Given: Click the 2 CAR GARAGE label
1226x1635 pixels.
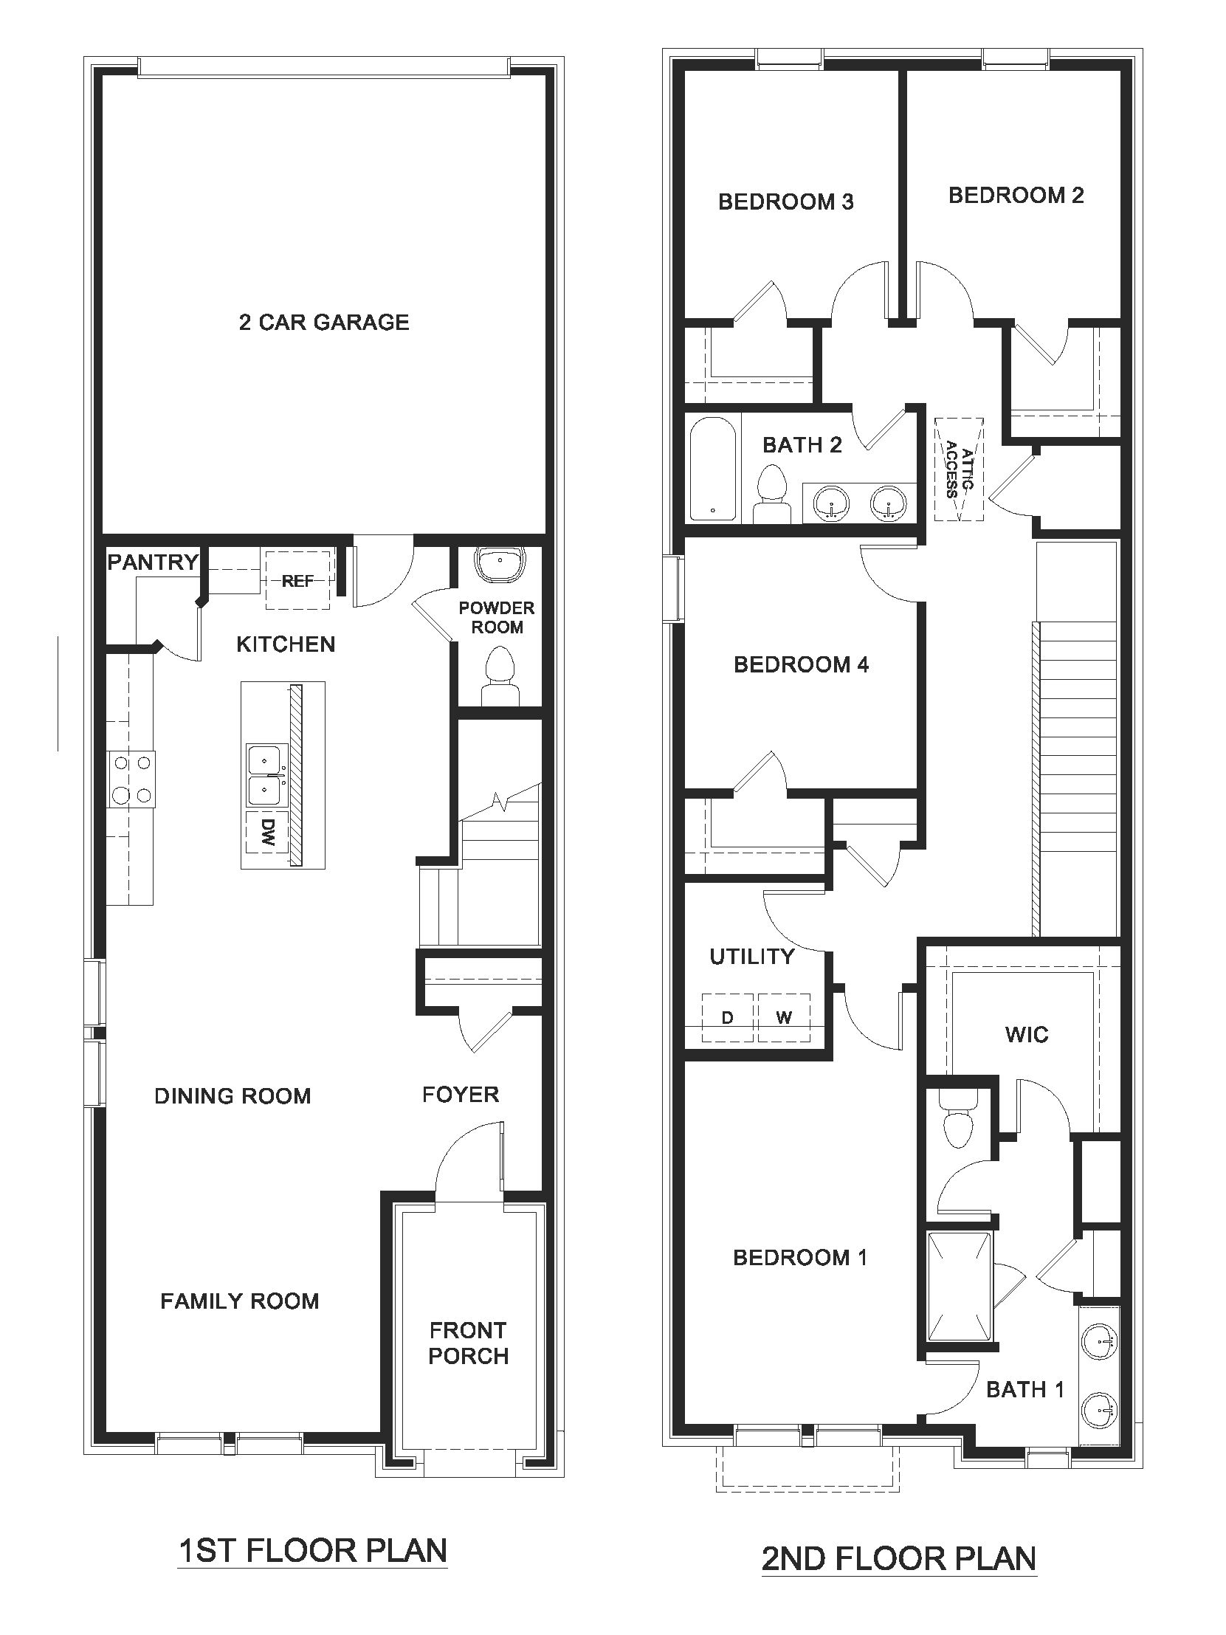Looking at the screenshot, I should [324, 323].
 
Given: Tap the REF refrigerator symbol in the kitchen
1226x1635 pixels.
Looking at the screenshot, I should [297, 581].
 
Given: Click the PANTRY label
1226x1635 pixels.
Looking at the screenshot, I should [153, 562].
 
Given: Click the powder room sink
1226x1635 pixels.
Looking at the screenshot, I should [500, 562].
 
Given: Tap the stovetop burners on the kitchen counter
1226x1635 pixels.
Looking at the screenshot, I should [131, 779].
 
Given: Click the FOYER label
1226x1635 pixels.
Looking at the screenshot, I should [461, 1095].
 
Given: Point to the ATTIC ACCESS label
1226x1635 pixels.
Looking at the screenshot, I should [960, 469].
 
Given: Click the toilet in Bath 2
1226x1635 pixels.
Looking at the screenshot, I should [772, 492].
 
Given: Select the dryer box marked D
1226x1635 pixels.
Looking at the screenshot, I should [727, 1019].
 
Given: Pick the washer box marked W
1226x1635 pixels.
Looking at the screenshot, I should [784, 1019].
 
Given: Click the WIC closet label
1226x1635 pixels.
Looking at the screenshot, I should [1027, 1034].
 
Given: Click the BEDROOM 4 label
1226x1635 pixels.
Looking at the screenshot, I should [801, 664].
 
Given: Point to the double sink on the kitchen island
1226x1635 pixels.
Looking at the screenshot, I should [264, 774].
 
